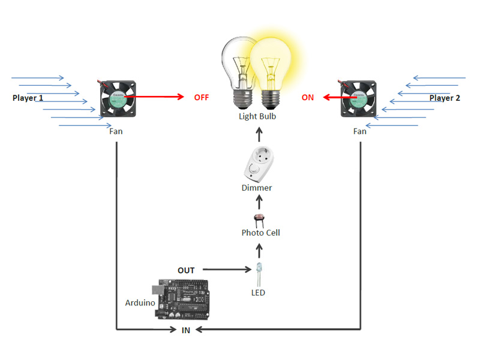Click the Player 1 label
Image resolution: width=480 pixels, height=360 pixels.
click(x=28, y=97)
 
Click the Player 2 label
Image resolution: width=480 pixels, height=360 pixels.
click(x=445, y=98)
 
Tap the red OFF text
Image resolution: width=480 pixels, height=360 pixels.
click(x=202, y=97)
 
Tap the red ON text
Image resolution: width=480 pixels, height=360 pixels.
click(x=308, y=97)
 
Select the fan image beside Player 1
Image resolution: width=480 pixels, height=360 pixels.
click(x=118, y=99)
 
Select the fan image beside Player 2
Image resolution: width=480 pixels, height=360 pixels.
click(x=359, y=98)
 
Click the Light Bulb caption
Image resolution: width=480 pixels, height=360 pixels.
click(x=257, y=116)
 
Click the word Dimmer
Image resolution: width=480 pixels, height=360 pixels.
click(x=256, y=188)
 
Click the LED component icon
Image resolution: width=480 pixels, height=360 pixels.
click(x=259, y=273)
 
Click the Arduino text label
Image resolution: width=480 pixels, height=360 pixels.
click(x=140, y=303)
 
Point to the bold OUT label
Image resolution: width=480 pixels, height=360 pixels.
click(x=186, y=271)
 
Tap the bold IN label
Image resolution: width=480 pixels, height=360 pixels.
click(x=186, y=330)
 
